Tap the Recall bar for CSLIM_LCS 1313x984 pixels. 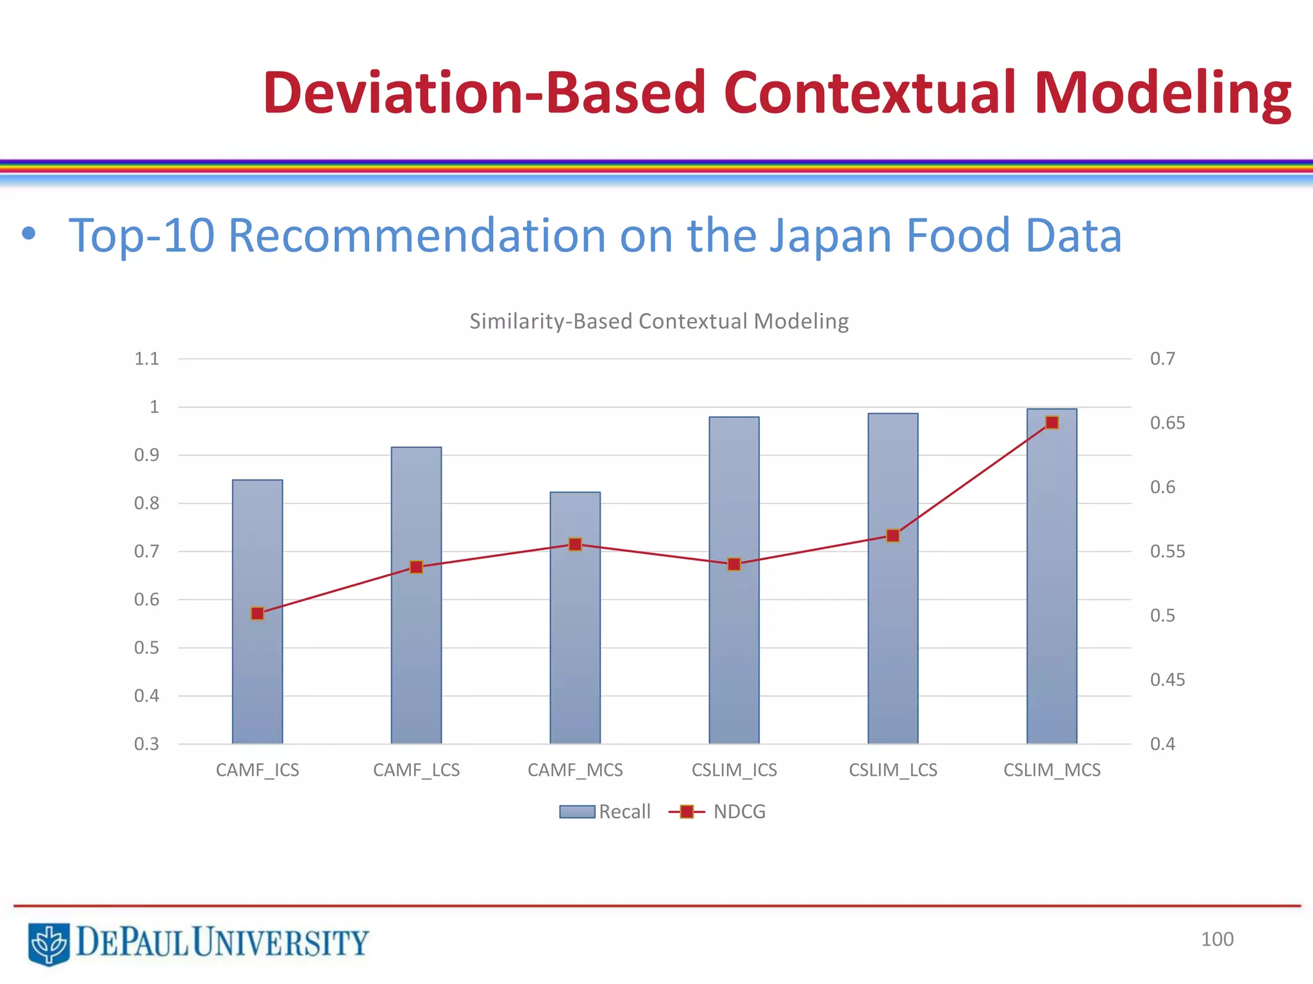click(892, 641)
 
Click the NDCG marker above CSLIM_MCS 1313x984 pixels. click(1051, 422)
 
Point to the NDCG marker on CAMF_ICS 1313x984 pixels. click(257, 614)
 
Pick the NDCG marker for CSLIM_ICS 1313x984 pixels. click(734, 564)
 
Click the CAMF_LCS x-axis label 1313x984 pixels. click(416, 770)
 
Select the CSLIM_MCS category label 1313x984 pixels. click(1051, 770)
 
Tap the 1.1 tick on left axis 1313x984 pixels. click(146, 359)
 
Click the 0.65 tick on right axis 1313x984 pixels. click(1167, 423)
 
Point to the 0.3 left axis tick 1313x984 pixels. click(146, 744)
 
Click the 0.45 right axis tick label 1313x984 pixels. click(1167, 680)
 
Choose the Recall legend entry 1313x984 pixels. click(606, 812)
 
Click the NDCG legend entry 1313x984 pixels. click(718, 812)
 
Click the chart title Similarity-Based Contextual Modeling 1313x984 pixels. click(658, 321)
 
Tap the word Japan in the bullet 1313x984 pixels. click(830, 236)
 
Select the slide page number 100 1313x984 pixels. click(1216, 939)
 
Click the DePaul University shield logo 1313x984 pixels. click(49, 943)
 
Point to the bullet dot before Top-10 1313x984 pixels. click(28, 234)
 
